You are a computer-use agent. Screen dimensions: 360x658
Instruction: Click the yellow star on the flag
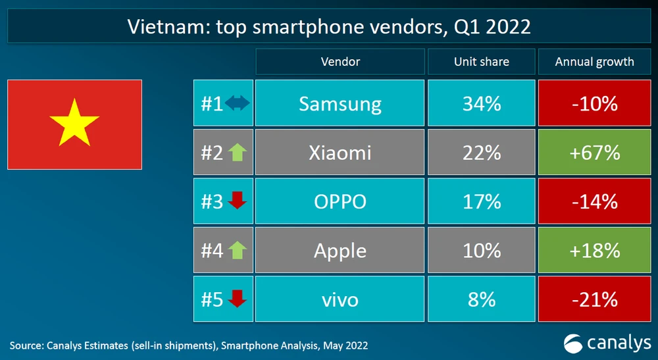coord(74,123)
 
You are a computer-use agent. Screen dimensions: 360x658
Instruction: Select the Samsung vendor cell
coord(340,103)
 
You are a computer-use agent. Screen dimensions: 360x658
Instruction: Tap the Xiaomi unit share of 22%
coord(481,153)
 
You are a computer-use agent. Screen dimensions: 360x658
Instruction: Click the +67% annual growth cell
coord(595,153)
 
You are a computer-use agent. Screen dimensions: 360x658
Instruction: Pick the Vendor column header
coord(340,62)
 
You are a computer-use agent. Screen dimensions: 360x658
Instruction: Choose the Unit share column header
coord(481,62)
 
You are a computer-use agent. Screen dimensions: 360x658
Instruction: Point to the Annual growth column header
coord(595,62)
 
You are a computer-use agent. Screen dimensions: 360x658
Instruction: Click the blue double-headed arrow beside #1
coord(237,103)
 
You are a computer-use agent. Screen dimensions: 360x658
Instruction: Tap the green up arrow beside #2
coord(236,153)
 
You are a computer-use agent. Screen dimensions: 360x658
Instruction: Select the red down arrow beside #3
coord(236,201)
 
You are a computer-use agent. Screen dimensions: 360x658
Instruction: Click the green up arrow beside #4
coord(236,251)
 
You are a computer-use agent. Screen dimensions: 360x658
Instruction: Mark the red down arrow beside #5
coord(236,299)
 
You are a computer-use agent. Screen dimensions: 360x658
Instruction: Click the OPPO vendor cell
coord(340,201)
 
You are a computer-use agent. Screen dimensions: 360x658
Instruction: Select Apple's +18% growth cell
coord(595,251)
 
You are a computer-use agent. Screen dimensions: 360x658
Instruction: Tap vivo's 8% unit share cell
coord(481,299)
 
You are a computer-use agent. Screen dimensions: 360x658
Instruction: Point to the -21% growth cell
coord(595,299)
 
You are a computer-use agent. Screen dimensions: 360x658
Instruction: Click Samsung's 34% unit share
coord(481,103)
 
